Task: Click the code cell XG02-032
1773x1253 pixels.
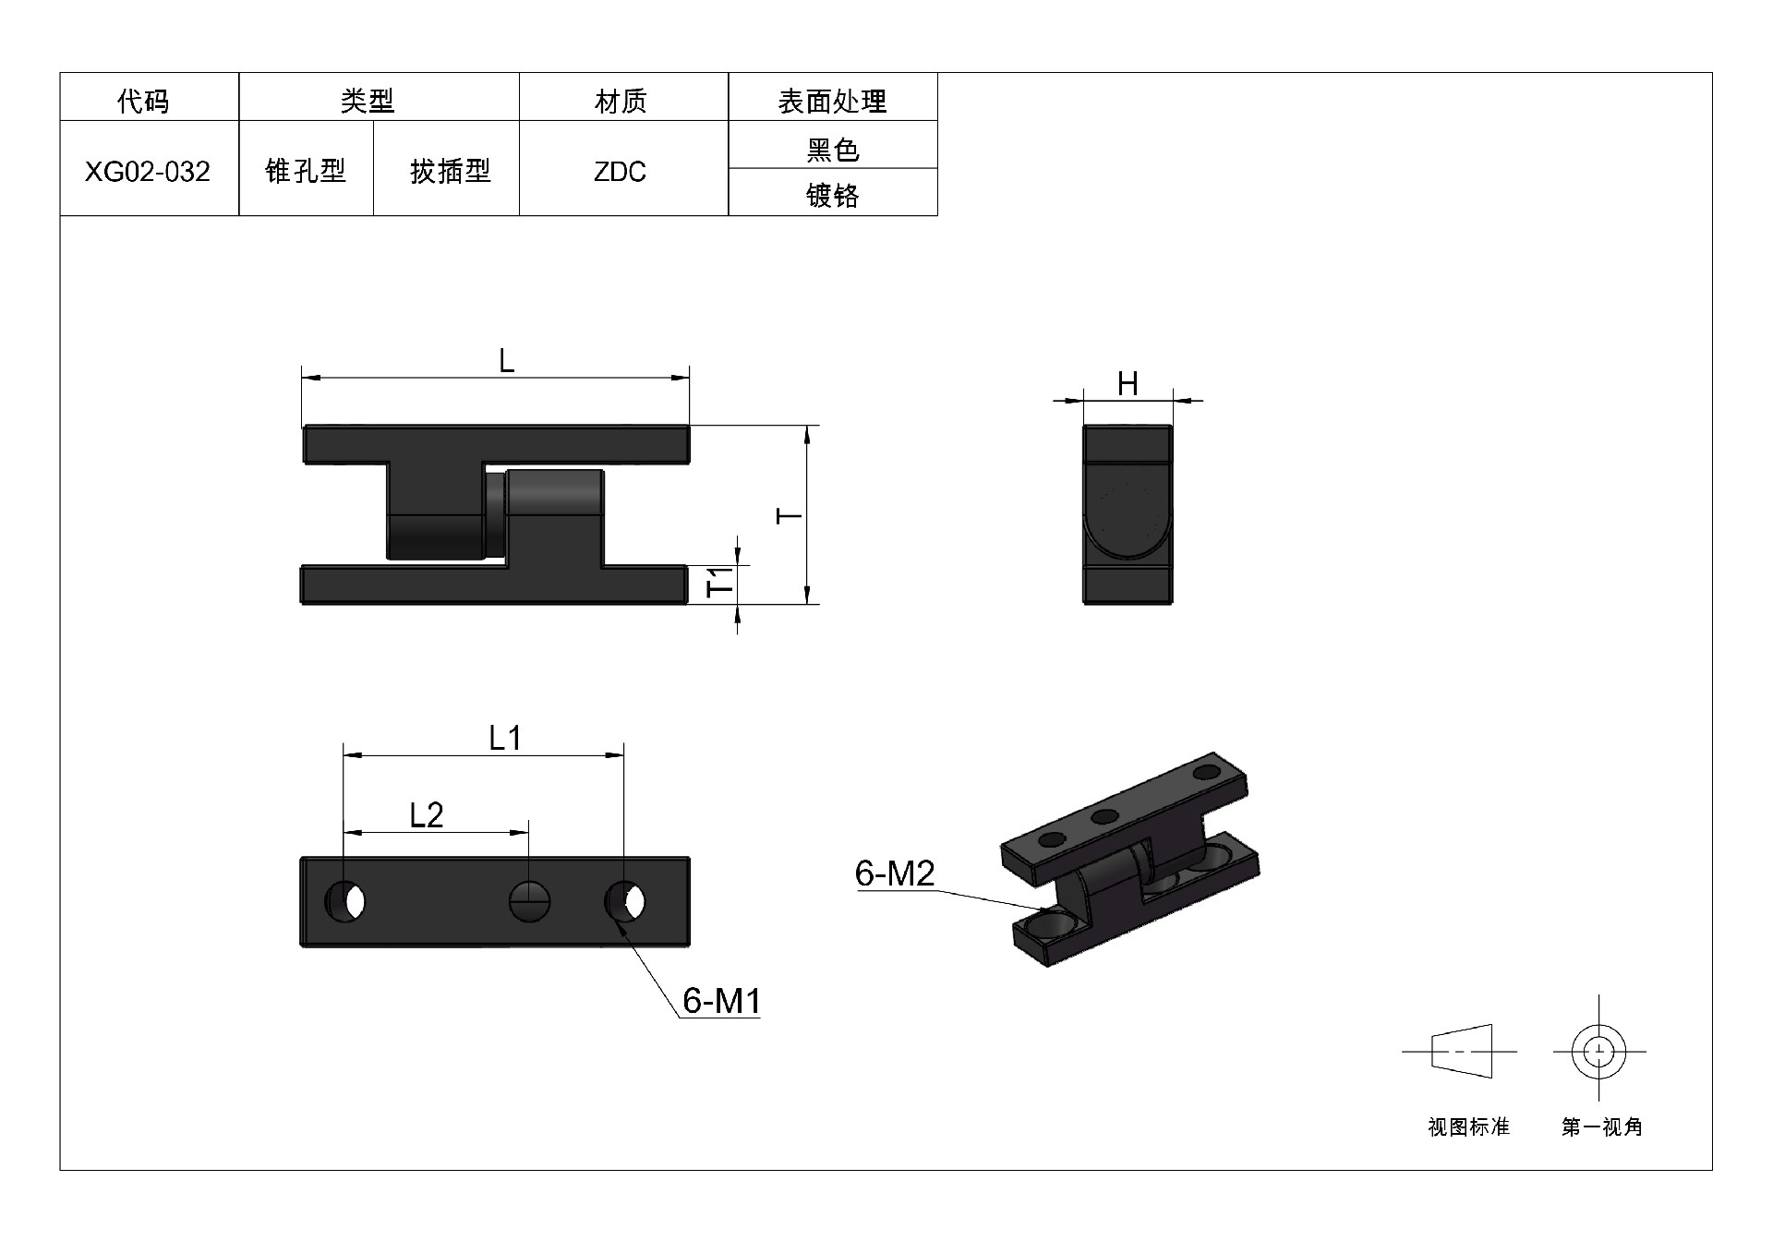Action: coord(148,172)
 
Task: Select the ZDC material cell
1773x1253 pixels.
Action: coord(620,172)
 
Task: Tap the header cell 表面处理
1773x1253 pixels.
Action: coord(832,101)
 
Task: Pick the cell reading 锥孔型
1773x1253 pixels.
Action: coord(306,171)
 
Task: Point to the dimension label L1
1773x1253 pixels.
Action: coord(505,738)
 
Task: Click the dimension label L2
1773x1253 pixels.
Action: coord(427,814)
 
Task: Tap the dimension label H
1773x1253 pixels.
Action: coord(1128,384)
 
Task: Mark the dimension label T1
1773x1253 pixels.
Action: coord(720,581)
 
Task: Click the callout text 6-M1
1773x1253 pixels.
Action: coord(721,1000)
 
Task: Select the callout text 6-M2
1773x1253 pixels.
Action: coord(895,873)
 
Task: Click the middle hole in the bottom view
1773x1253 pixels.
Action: coord(530,901)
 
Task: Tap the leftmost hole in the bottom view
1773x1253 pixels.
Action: coord(346,901)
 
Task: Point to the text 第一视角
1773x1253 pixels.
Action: coord(1601,1127)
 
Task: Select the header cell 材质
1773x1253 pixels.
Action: coord(621,101)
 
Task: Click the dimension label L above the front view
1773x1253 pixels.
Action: coord(506,361)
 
